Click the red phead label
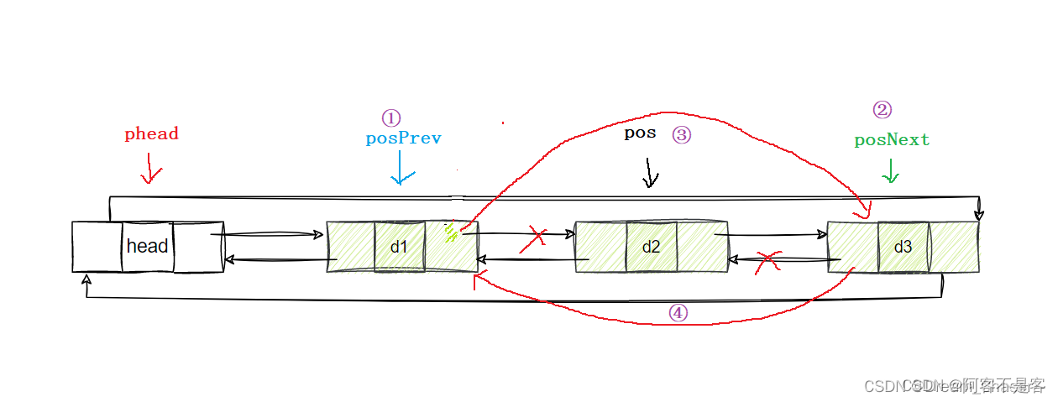(151, 133)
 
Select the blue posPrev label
(403, 138)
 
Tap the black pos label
(640, 133)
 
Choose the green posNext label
(892, 140)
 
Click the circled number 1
(391, 117)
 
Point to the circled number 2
(882, 110)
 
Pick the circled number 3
(681, 134)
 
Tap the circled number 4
(678, 312)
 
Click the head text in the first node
(148, 246)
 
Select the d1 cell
(399, 247)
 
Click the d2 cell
(651, 247)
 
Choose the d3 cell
(903, 247)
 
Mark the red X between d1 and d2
(532, 240)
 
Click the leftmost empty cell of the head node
(97, 247)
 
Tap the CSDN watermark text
(954, 386)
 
